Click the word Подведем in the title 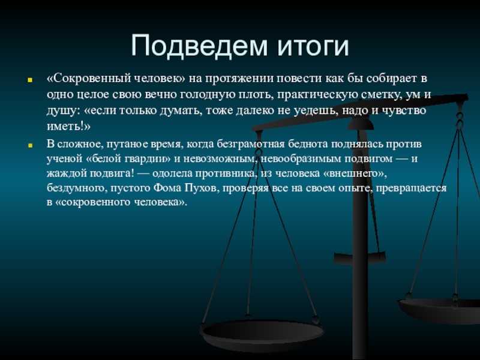[200, 46]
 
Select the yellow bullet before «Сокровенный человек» [30, 80]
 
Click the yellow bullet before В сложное [30, 145]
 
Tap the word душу [62, 111]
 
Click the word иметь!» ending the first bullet [68, 126]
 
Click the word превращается [411, 188]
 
